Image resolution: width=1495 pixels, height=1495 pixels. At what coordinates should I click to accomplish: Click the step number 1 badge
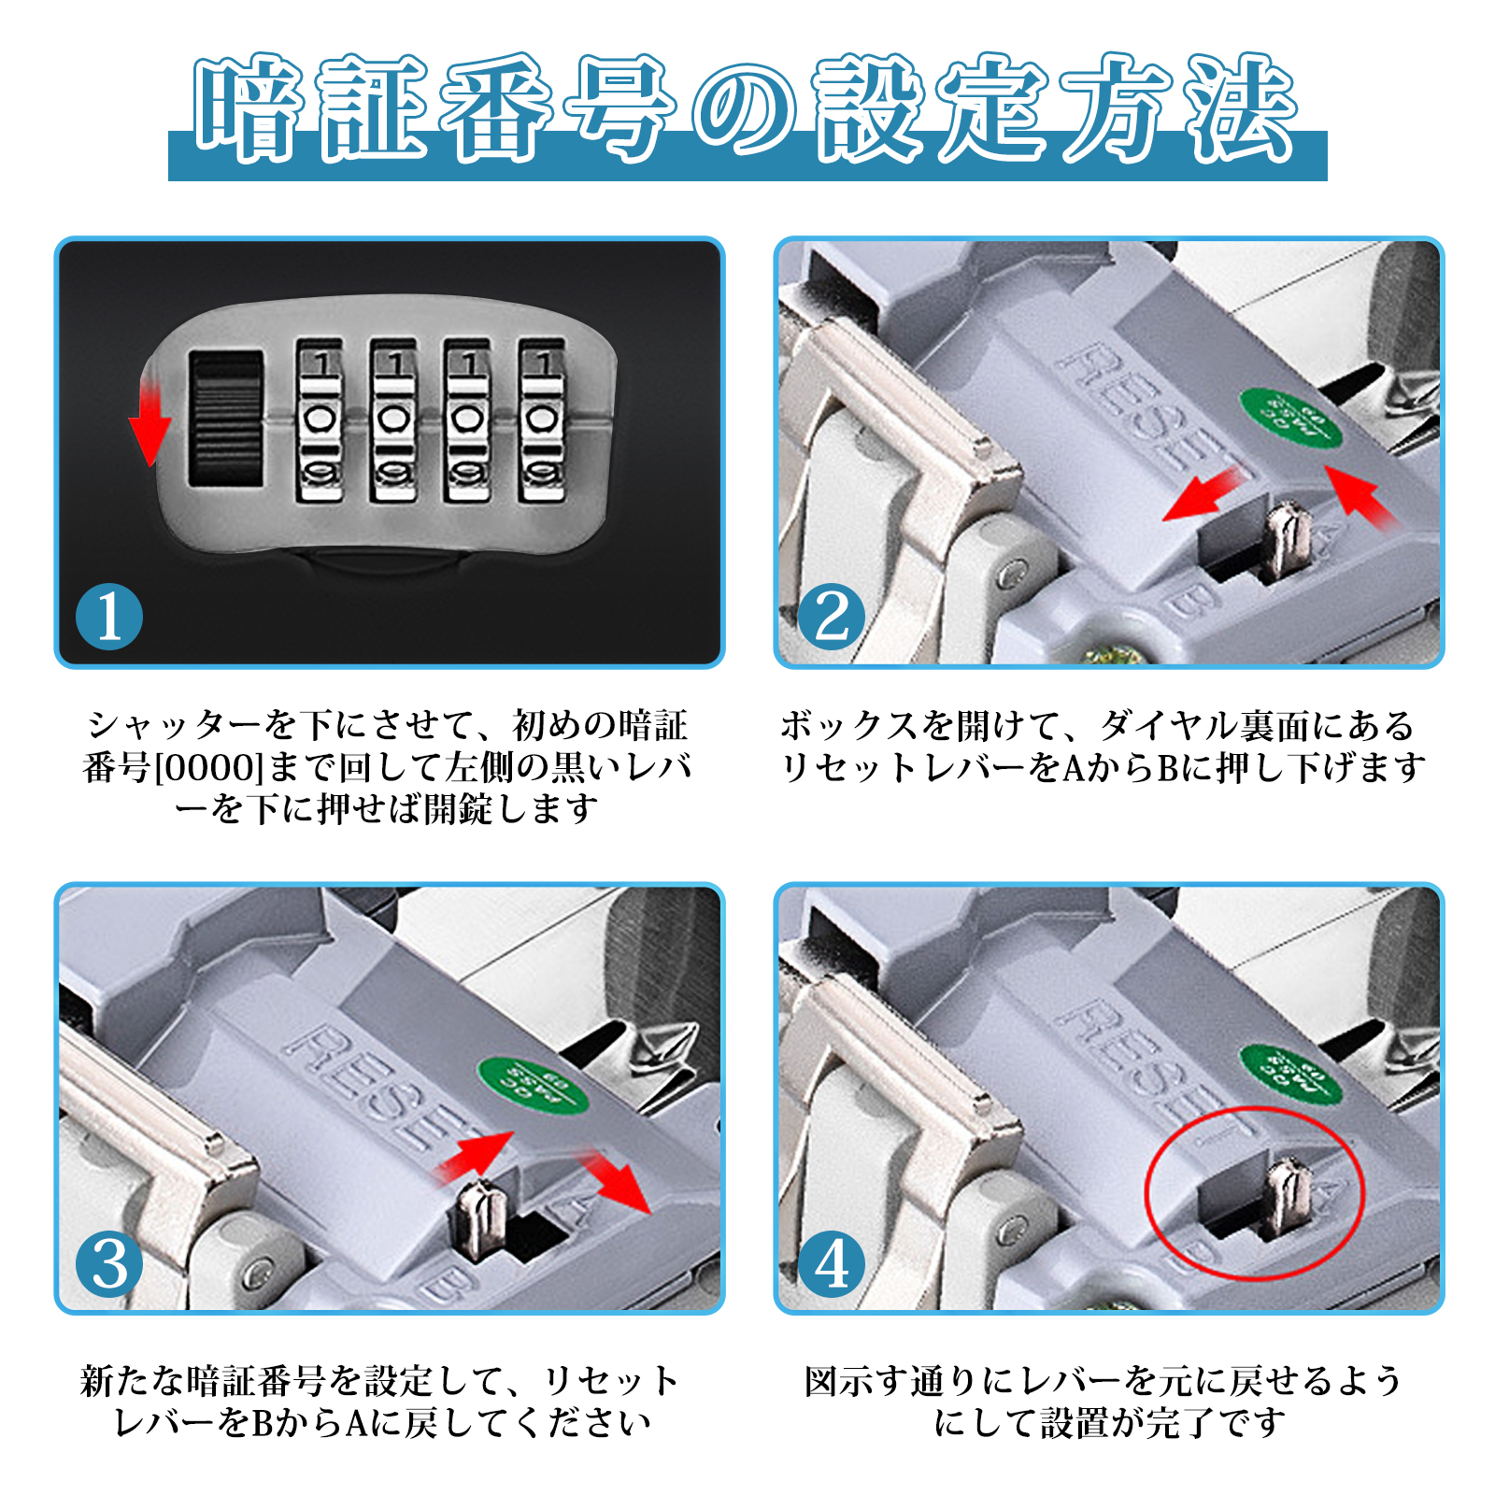coord(109,617)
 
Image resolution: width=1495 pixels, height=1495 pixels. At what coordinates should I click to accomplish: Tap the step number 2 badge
coord(831,617)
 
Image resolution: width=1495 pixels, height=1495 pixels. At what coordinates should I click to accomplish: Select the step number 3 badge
coord(109,1264)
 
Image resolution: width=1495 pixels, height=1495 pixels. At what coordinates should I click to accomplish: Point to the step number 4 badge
coord(831,1264)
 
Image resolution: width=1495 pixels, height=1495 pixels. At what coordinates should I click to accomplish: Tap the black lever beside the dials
coord(225,419)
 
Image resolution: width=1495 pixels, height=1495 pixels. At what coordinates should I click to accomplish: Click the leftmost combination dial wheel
coord(320,420)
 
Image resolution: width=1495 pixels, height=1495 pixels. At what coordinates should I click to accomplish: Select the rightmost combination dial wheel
coord(543,420)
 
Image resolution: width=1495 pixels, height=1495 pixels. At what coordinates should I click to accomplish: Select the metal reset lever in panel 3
coord(482,1217)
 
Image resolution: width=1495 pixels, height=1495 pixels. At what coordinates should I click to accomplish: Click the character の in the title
coord(745,110)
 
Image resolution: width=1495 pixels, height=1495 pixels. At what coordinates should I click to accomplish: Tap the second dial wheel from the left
coord(393,420)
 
